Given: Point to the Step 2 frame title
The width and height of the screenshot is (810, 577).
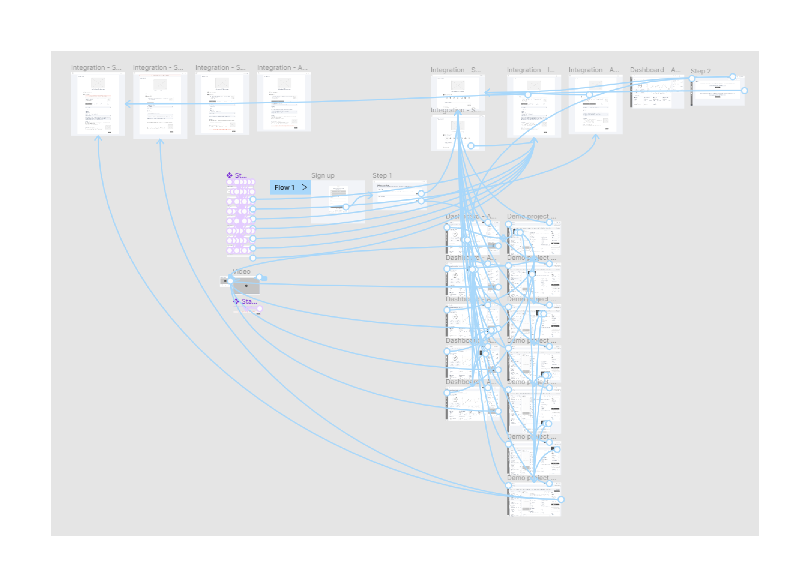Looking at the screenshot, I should pyautogui.click(x=700, y=71).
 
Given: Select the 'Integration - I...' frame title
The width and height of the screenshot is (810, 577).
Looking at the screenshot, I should pyautogui.click(x=530, y=70).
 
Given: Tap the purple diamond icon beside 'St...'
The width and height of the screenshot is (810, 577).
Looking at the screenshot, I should pyautogui.click(x=230, y=175).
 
